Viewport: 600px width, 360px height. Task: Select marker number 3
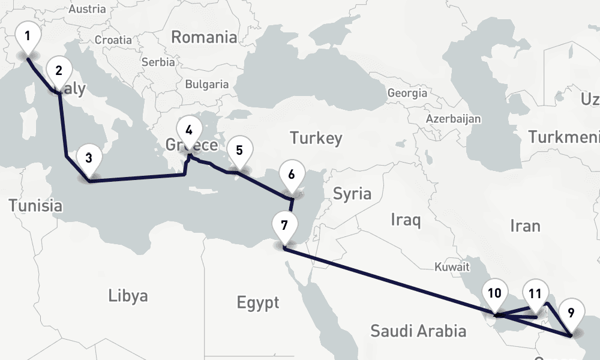tap(89, 159)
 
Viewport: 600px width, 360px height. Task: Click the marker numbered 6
tap(292, 175)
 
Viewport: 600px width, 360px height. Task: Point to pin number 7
tap(284, 226)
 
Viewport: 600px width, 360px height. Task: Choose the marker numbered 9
tap(571, 313)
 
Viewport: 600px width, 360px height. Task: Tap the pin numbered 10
tap(494, 293)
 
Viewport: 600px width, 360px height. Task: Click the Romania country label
tap(204, 37)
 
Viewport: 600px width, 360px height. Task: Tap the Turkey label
tap(316, 138)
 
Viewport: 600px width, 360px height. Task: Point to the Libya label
tap(128, 296)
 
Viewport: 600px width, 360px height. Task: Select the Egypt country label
tap(258, 302)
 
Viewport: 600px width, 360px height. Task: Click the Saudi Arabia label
tap(418, 330)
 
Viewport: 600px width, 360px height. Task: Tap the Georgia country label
tap(407, 93)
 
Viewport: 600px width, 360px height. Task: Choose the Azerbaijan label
tap(454, 119)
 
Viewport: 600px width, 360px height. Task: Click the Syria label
tap(352, 194)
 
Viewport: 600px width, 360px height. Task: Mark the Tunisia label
tap(35, 205)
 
